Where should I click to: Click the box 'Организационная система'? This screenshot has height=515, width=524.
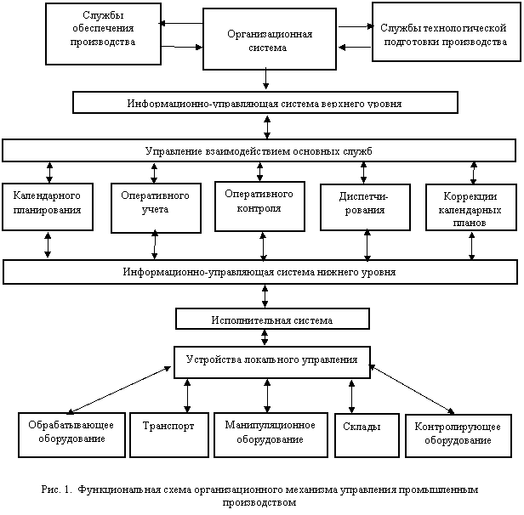coord(270,39)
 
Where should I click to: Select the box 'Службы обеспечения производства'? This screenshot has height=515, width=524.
coord(103,34)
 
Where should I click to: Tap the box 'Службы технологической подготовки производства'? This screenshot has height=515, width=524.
coord(447,32)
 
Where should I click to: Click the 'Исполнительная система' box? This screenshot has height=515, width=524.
coord(272,319)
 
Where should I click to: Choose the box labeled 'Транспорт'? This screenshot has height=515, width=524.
coord(169,435)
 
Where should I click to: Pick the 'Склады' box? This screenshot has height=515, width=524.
coord(367,435)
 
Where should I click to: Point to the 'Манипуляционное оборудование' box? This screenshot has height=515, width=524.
coord(271,435)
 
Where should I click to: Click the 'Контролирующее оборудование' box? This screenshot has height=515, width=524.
coord(458,436)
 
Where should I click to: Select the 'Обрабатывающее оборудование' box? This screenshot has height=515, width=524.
coord(71,435)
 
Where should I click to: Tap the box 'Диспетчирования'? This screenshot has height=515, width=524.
coord(365,207)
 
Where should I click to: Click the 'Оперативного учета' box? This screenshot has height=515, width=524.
coord(156,207)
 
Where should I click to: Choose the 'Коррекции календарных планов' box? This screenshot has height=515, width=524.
coord(471,207)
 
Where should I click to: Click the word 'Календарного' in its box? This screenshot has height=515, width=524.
coord(47,195)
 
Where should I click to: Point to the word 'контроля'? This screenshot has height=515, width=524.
coord(259,208)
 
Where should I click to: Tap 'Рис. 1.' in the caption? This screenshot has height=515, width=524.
coord(56,490)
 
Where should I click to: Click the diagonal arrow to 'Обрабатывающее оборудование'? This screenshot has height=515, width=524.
coord(119,390)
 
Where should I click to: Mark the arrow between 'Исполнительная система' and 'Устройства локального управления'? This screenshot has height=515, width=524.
coord(265,337)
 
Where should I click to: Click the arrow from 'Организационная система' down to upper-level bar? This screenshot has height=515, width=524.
coord(265,78)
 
